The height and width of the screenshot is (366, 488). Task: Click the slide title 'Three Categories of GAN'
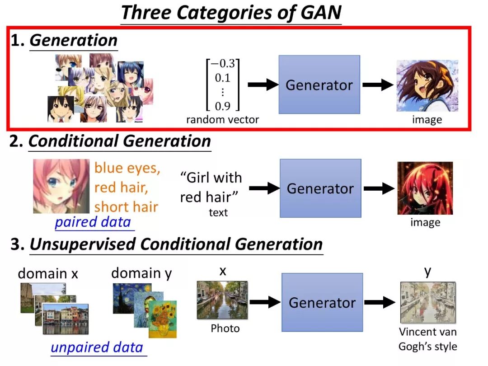click(231, 13)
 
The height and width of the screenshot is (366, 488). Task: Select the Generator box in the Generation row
click(319, 84)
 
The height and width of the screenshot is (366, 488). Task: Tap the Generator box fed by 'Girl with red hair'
click(320, 188)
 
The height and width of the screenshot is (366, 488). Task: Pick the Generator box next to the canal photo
click(322, 302)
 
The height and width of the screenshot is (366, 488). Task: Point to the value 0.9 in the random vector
click(222, 106)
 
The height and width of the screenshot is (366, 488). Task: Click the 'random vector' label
click(223, 120)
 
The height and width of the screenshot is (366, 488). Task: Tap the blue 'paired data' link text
click(93, 222)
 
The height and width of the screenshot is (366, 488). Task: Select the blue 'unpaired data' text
click(97, 347)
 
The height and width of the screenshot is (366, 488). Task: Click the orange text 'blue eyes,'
click(127, 168)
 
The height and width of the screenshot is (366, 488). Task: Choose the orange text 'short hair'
click(126, 207)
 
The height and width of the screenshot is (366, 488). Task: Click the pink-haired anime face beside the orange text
click(61, 186)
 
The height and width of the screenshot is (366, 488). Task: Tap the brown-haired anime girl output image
click(427, 85)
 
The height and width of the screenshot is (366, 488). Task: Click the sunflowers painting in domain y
click(163, 319)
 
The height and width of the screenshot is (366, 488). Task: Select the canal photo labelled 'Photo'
click(222, 300)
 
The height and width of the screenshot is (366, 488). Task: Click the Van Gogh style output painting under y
click(427, 302)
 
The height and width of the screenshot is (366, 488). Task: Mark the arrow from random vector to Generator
click(263, 84)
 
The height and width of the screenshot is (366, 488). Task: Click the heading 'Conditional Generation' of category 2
click(120, 141)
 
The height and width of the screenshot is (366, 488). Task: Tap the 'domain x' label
click(48, 273)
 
